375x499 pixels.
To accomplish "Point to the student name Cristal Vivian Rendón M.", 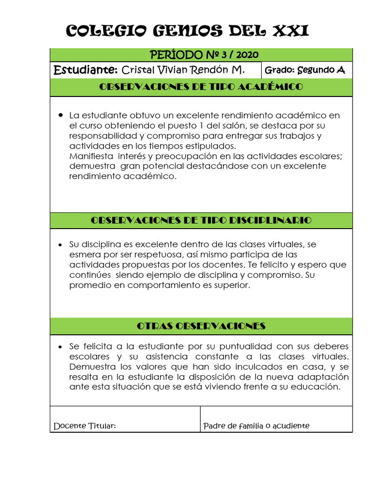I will [183, 70].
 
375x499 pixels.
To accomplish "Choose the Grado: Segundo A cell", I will [305, 70].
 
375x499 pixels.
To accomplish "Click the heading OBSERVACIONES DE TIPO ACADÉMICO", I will [201, 87].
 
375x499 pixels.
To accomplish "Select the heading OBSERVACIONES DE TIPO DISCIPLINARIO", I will [201, 220].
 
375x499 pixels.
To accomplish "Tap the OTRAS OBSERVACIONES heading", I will [201, 326].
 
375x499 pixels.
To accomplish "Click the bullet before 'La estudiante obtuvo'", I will [61, 115].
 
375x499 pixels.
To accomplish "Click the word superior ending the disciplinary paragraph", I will [231, 286].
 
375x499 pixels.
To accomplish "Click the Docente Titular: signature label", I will [84, 426].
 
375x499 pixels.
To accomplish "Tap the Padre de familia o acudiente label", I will [256, 426].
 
